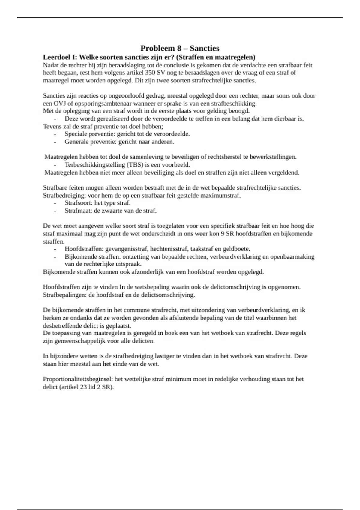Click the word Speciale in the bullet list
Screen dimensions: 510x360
[76, 134]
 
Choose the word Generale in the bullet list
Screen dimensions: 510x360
[76, 142]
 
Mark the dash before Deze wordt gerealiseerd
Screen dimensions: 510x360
[55, 119]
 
